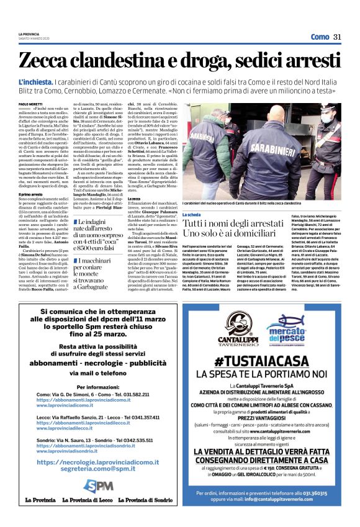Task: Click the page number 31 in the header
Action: tap(337, 36)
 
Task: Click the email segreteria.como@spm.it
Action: tap(100, 469)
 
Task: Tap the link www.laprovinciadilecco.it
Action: tap(72, 428)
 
